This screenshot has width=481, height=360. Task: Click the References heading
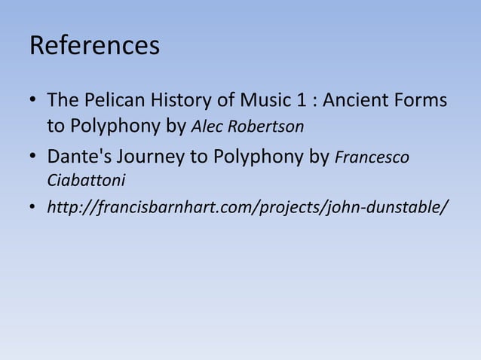point(94,46)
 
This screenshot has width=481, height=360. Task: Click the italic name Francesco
point(372,158)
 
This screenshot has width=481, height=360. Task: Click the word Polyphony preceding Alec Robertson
point(112,126)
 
